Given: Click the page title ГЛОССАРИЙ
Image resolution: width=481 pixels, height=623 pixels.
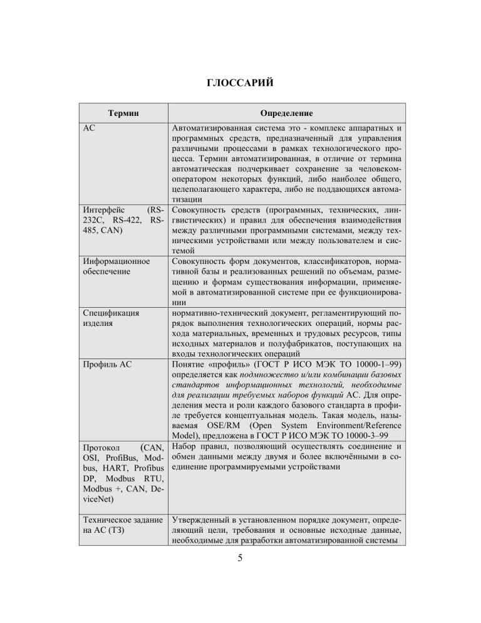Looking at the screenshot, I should [240, 83].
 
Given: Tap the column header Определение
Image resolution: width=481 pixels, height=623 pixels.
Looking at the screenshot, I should [287, 113].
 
